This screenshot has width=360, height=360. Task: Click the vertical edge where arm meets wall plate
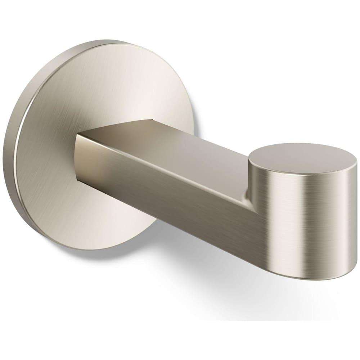click(x=77, y=158)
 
